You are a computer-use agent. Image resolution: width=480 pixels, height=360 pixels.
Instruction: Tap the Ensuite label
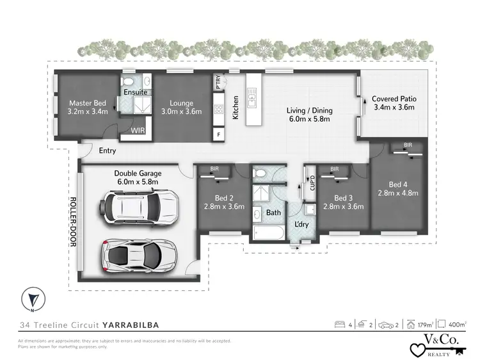[x=136, y=92]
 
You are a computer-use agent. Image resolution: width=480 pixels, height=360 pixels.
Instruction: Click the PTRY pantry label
[x=218, y=82]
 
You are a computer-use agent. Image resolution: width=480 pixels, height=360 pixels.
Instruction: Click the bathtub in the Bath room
[x=268, y=233]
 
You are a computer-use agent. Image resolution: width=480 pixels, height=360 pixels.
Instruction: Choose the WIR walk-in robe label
[x=138, y=130]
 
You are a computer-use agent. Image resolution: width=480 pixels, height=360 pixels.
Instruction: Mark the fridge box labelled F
[x=218, y=135]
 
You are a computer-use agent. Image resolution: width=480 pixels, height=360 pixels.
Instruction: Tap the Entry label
[x=108, y=152]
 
